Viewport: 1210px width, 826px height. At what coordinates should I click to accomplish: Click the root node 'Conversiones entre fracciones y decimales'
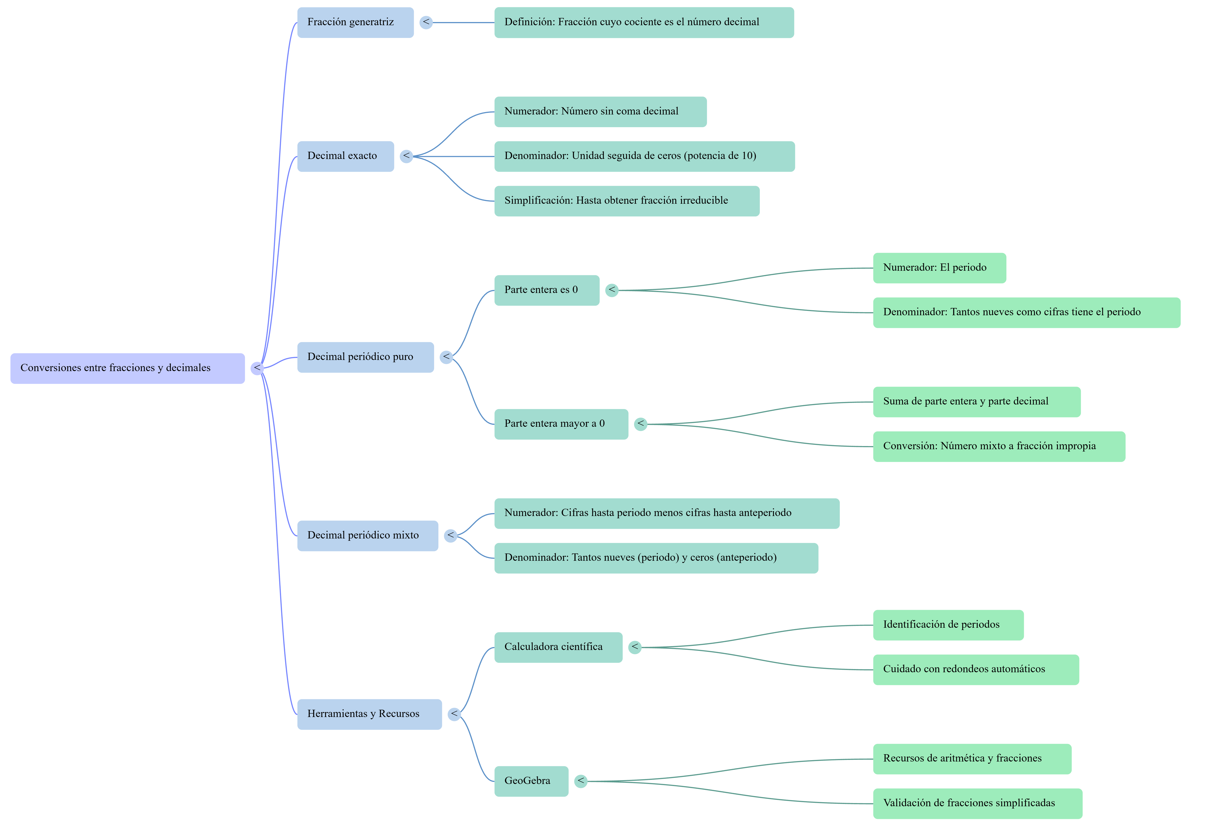pyautogui.click(x=128, y=368)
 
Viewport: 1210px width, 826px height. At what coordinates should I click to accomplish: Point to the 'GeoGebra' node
pyautogui.click(x=531, y=781)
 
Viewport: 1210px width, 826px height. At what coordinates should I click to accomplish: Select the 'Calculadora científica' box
pyautogui.click(x=558, y=647)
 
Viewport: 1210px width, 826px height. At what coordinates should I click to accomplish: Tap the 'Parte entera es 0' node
pyautogui.click(x=547, y=290)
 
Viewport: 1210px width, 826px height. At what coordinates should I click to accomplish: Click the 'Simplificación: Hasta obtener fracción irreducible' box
pyautogui.click(x=627, y=201)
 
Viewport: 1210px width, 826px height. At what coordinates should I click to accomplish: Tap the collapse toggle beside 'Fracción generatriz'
pyautogui.click(x=426, y=22)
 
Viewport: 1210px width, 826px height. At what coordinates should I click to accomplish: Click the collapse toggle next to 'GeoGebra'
pyautogui.click(x=580, y=781)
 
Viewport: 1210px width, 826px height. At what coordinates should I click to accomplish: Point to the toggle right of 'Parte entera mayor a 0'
pyautogui.click(x=640, y=424)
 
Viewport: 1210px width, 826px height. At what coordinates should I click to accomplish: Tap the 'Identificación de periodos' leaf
pyautogui.click(x=948, y=625)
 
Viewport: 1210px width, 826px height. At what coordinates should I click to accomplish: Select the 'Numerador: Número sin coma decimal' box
pyautogui.click(x=600, y=112)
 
